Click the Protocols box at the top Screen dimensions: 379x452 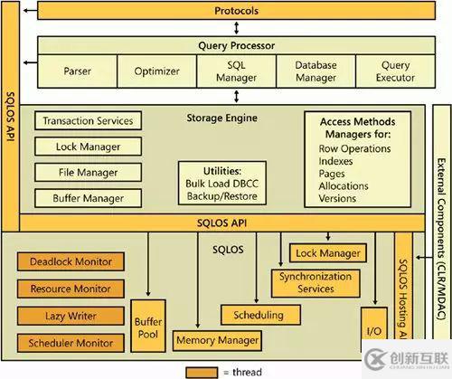point(237,11)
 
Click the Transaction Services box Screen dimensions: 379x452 point(89,120)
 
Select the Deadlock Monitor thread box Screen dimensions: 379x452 point(71,262)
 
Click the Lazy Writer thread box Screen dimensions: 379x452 point(71,317)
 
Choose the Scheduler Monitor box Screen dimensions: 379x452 point(71,343)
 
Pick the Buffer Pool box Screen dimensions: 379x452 point(148,326)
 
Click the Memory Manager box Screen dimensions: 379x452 point(217,340)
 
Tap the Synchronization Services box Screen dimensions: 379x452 point(315,282)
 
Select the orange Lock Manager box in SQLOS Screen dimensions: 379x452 point(328,253)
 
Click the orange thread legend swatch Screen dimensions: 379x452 point(205,371)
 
